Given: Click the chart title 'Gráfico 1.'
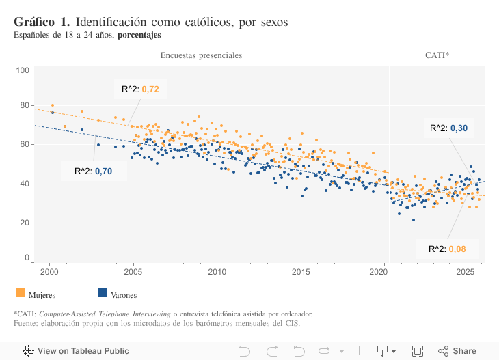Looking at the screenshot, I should coord(42,22).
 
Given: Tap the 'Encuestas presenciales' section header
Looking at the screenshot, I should coord(201,55).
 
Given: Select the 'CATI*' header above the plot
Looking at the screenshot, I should coord(437,55).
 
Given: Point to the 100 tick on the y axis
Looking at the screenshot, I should coord(22,70).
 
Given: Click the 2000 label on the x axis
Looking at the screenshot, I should coord(49,272).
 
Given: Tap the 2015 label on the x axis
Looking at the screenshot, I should coord(301,272).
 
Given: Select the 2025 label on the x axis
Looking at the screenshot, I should coord(466,272).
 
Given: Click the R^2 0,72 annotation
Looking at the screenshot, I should coord(140,89).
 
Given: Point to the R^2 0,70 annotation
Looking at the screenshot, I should coord(94,171).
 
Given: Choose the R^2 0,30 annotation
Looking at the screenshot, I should coord(448,128).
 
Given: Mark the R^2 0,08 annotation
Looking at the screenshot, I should coord(447,249).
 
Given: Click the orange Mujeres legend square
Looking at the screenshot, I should coord(20,292).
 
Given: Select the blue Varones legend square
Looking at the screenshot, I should coord(103,292).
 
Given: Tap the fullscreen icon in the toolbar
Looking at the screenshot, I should coord(417,351).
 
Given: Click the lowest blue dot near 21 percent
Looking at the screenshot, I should coord(413,220).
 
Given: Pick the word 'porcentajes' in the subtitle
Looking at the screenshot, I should coord(139,35).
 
